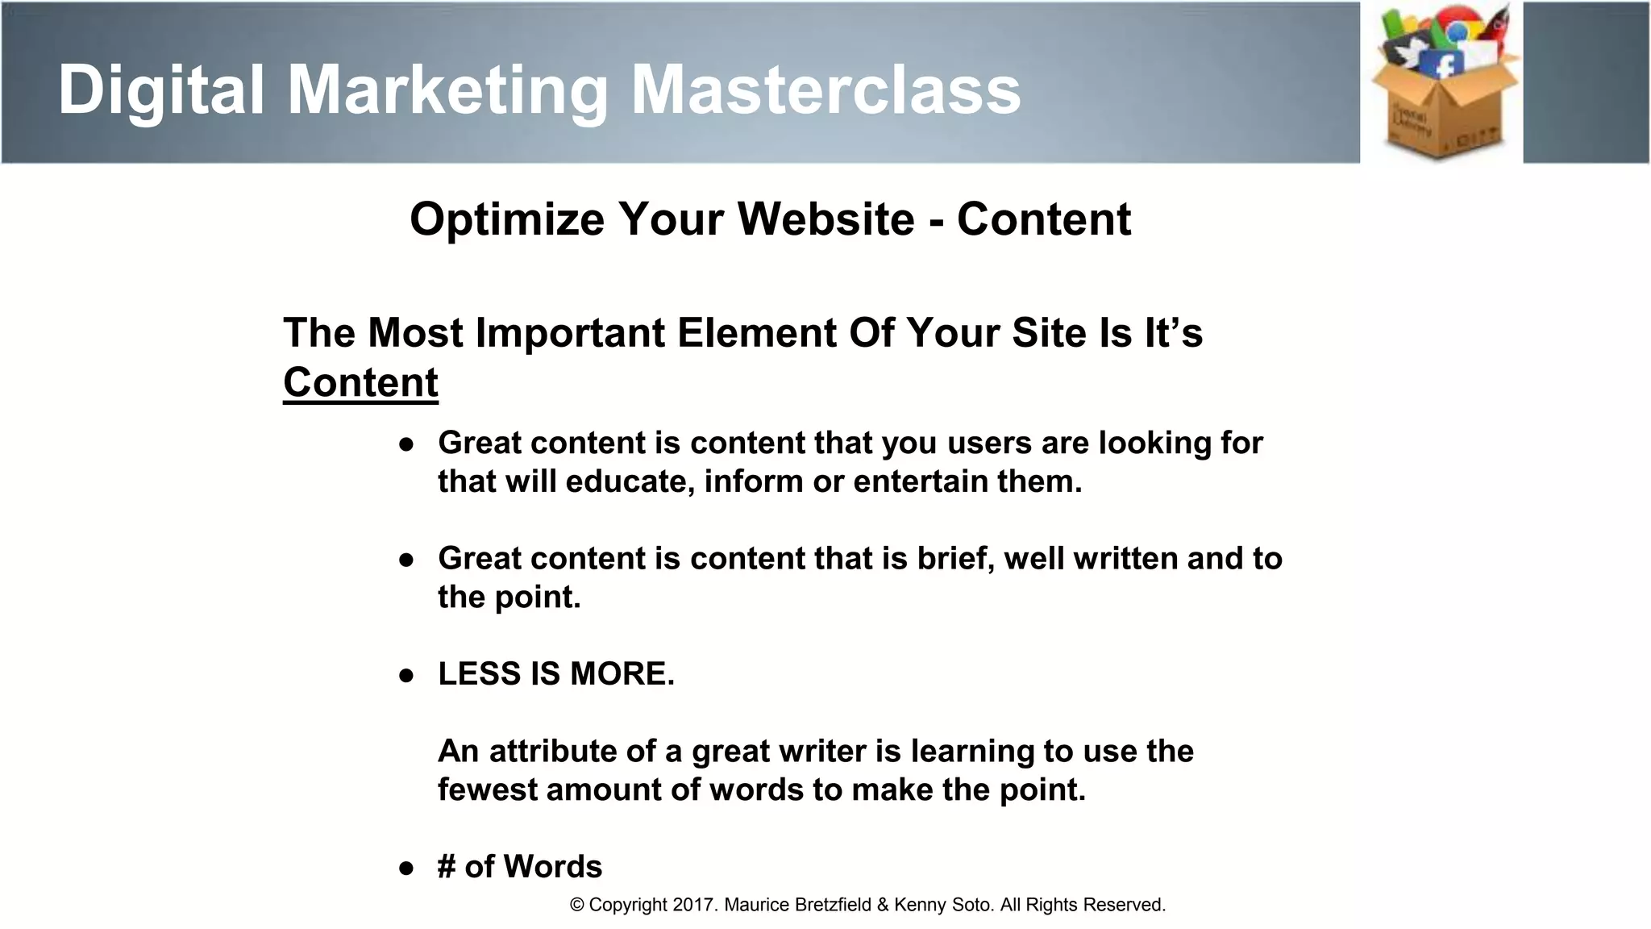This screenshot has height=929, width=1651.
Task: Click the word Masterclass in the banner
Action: [825, 90]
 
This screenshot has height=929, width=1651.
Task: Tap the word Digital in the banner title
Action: [161, 90]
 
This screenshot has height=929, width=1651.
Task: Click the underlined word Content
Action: [360, 382]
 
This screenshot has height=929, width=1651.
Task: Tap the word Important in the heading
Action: [570, 333]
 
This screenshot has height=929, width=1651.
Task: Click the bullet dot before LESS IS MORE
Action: [406, 675]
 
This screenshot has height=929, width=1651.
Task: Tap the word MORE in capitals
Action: [622, 674]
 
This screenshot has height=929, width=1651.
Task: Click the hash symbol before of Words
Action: [447, 867]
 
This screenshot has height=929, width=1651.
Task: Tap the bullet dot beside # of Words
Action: [406, 868]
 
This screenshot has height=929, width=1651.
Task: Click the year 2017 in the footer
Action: [694, 905]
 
